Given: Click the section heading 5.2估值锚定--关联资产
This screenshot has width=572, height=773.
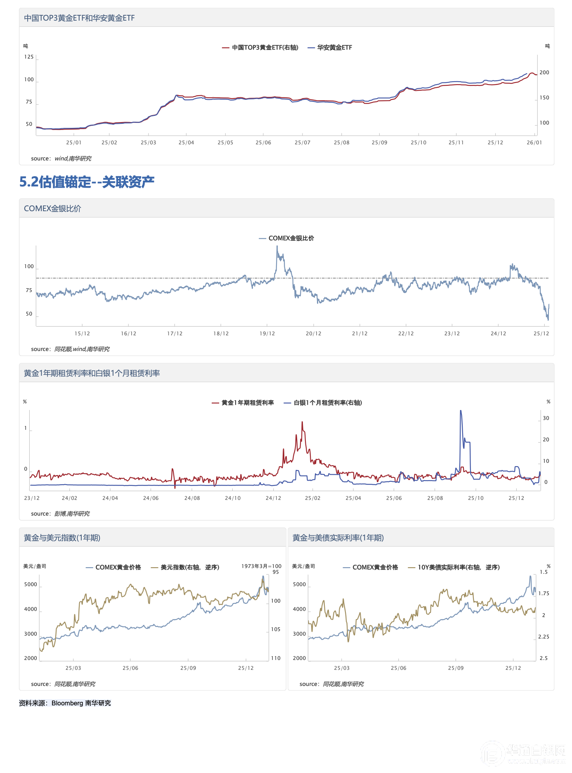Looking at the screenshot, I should click(x=87, y=182).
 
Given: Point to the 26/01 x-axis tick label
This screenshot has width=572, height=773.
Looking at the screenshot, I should click(x=534, y=143).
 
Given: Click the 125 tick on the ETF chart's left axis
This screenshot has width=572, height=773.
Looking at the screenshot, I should click(x=29, y=57).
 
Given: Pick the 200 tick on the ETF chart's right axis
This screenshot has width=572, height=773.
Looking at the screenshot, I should click(x=544, y=73).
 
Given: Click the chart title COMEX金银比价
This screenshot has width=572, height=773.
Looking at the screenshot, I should click(x=52, y=209).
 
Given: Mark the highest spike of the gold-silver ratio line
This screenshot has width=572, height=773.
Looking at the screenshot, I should click(x=277, y=247).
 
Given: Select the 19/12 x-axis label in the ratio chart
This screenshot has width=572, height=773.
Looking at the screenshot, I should click(x=267, y=334).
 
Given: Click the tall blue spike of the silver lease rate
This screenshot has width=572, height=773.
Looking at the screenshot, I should click(x=461, y=411).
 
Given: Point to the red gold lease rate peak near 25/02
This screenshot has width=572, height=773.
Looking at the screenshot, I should click(x=302, y=422).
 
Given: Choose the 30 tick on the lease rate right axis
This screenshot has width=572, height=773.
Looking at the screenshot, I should click(x=546, y=418).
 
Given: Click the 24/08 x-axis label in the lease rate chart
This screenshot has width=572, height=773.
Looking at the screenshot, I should click(x=192, y=498).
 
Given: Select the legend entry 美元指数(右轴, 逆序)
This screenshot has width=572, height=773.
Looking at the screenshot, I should click(x=189, y=567).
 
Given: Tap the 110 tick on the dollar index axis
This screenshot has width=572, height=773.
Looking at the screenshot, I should click(x=276, y=658).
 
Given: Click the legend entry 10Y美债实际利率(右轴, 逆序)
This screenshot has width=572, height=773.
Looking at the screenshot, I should click(x=458, y=567).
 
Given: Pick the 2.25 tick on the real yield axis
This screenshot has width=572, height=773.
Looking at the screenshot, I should click(x=544, y=637).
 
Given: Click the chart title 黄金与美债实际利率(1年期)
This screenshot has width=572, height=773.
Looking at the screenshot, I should click(x=338, y=538).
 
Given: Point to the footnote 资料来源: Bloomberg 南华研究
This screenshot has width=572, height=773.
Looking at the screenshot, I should click(x=65, y=703).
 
